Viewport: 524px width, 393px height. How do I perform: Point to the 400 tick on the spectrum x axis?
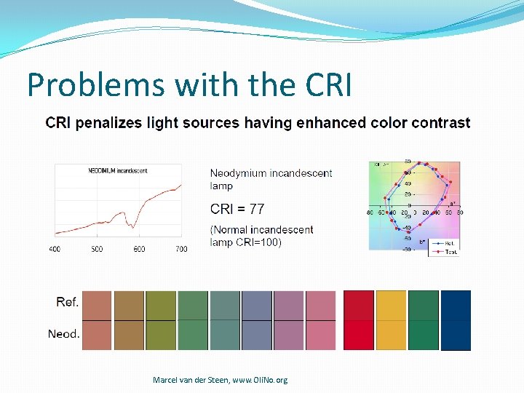tap(55, 249)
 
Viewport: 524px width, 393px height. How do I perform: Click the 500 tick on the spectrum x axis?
tap(97, 249)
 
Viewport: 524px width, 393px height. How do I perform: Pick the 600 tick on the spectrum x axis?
tap(139, 249)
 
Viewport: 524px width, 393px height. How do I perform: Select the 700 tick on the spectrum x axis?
tap(181, 249)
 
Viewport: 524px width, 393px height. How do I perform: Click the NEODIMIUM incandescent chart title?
tap(118, 171)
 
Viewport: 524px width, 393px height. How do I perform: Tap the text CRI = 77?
tap(237, 209)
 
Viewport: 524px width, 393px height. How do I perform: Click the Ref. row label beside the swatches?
tap(68, 302)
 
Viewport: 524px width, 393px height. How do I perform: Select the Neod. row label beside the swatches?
tap(64, 334)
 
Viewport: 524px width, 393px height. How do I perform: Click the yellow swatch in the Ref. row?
tap(391, 305)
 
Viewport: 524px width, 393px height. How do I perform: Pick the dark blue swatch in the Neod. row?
tap(456, 335)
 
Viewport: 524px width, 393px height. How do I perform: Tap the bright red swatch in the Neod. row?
tap(358, 335)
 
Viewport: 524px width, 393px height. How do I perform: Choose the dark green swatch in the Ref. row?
tap(424, 305)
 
